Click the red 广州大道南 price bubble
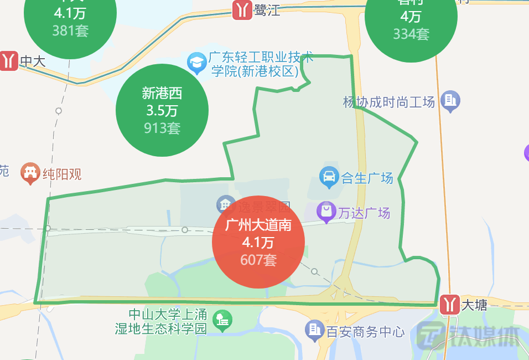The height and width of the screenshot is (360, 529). coord(258,242)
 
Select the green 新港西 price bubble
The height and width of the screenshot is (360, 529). coord(162,110)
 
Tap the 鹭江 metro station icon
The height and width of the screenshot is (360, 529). coord(242,9)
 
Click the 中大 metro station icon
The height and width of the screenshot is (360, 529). coord(8,60)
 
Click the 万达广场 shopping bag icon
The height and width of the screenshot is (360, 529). coord(326,212)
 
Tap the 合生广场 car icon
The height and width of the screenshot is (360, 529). coord(329,177)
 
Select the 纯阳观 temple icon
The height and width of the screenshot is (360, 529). coord(30,173)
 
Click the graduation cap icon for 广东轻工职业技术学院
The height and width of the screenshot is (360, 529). coord(196,64)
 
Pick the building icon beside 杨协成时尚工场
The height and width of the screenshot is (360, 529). coord(450,101)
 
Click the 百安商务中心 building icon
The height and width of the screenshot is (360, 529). coord(314,331)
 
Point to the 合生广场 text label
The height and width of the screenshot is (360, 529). coord(367,178)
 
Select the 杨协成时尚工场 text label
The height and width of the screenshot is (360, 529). coord(389,102)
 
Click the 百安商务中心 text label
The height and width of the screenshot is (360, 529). coord(365,332)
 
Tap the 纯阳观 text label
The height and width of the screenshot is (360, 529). coord(62,174)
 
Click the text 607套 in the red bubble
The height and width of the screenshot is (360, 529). coord(258,260)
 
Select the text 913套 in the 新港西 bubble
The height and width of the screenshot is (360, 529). coord(162,128)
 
